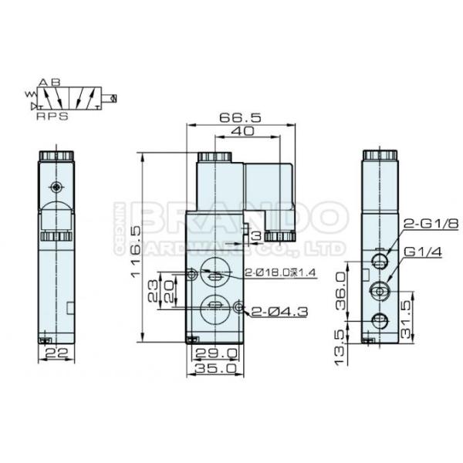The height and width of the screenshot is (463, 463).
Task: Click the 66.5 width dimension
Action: [240, 118]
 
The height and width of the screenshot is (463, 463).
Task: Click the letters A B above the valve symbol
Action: [49, 82]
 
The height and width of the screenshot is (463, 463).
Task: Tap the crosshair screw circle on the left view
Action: [54, 188]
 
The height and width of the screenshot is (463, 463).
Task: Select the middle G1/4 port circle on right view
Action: [380, 290]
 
